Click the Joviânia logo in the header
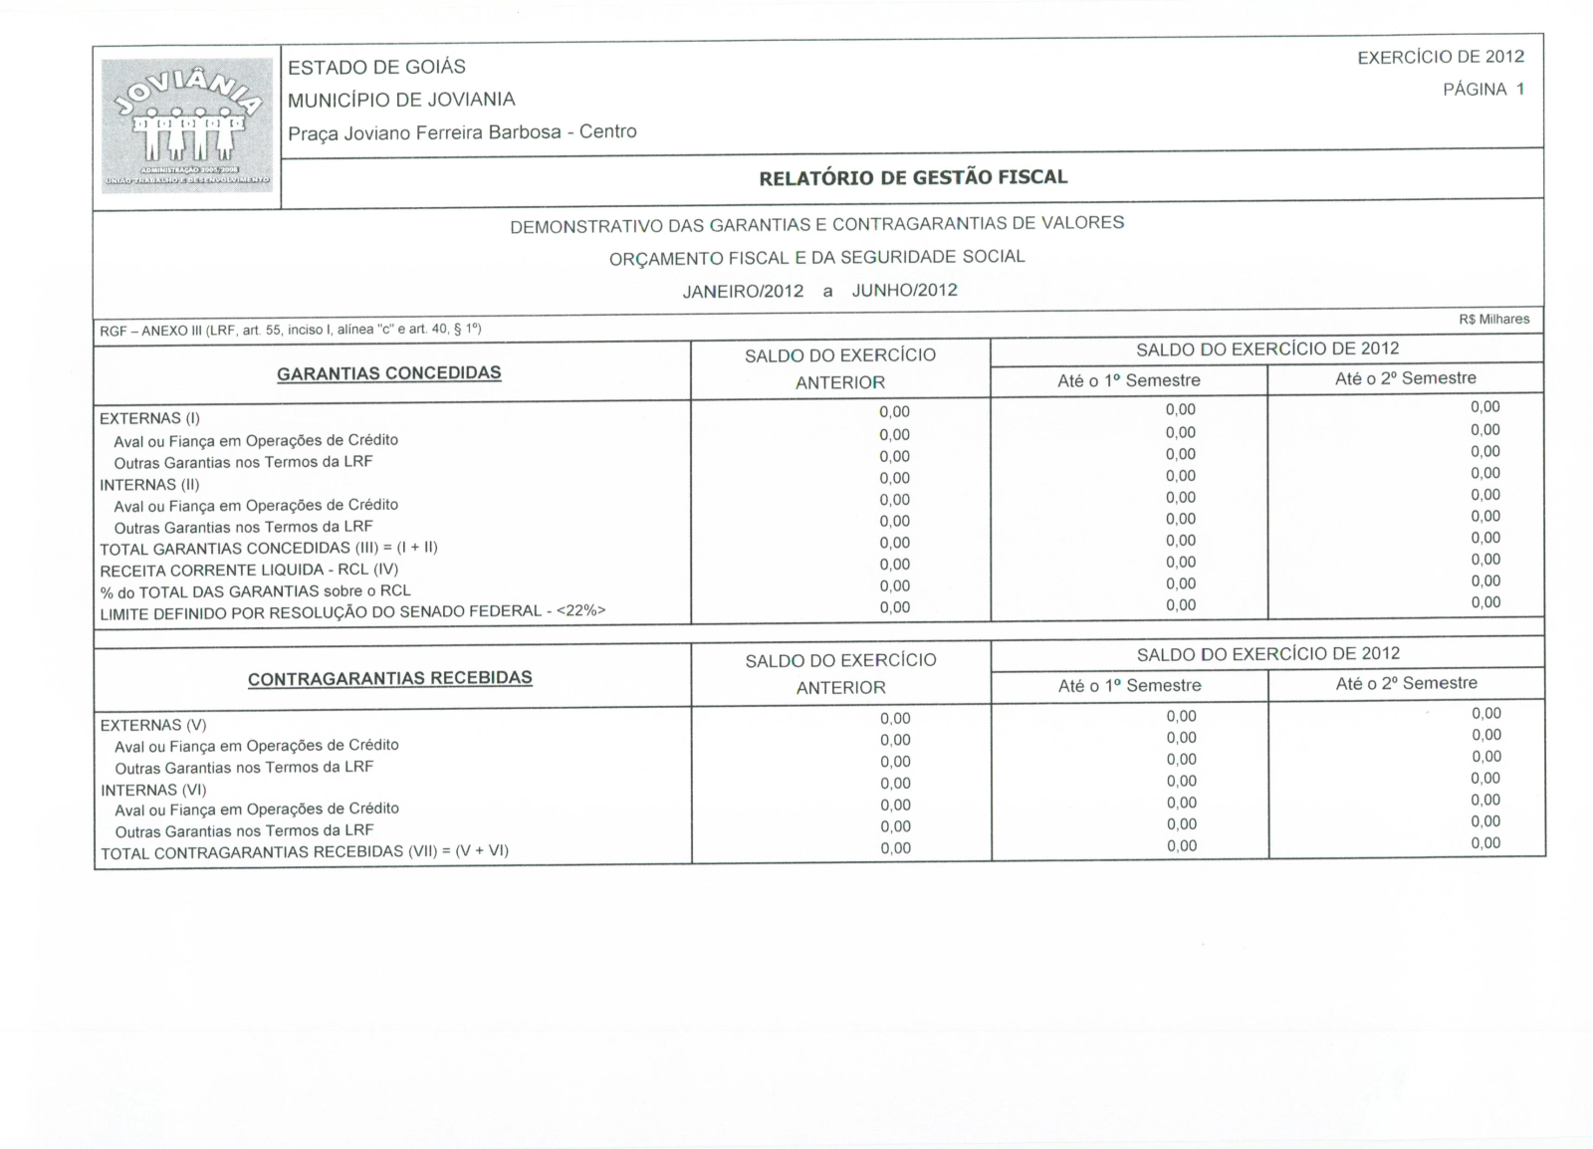coord(186,124)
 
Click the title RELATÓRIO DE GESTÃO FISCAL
coord(913,178)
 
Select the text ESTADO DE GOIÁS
coord(376,67)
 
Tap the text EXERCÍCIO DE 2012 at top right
coord(1441,58)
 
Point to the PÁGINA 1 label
coord(1483,90)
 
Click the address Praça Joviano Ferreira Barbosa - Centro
coord(462,132)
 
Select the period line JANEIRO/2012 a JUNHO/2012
coord(819,291)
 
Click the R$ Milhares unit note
coord(1493,320)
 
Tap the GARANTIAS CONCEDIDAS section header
coord(389,373)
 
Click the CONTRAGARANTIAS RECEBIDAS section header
coord(390,678)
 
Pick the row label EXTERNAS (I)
coord(149,418)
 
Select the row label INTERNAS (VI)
coord(153,790)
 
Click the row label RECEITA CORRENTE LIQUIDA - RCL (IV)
coord(249,570)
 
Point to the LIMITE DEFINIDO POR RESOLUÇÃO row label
coord(352,611)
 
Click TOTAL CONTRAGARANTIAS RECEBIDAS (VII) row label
coord(305,852)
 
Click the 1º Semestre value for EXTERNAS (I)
coord(1180,409)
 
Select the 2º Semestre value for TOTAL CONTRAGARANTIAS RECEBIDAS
coord(1485,843)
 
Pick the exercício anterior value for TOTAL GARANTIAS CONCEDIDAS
coord(894,543)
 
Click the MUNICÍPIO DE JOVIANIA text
coord(401,100)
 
